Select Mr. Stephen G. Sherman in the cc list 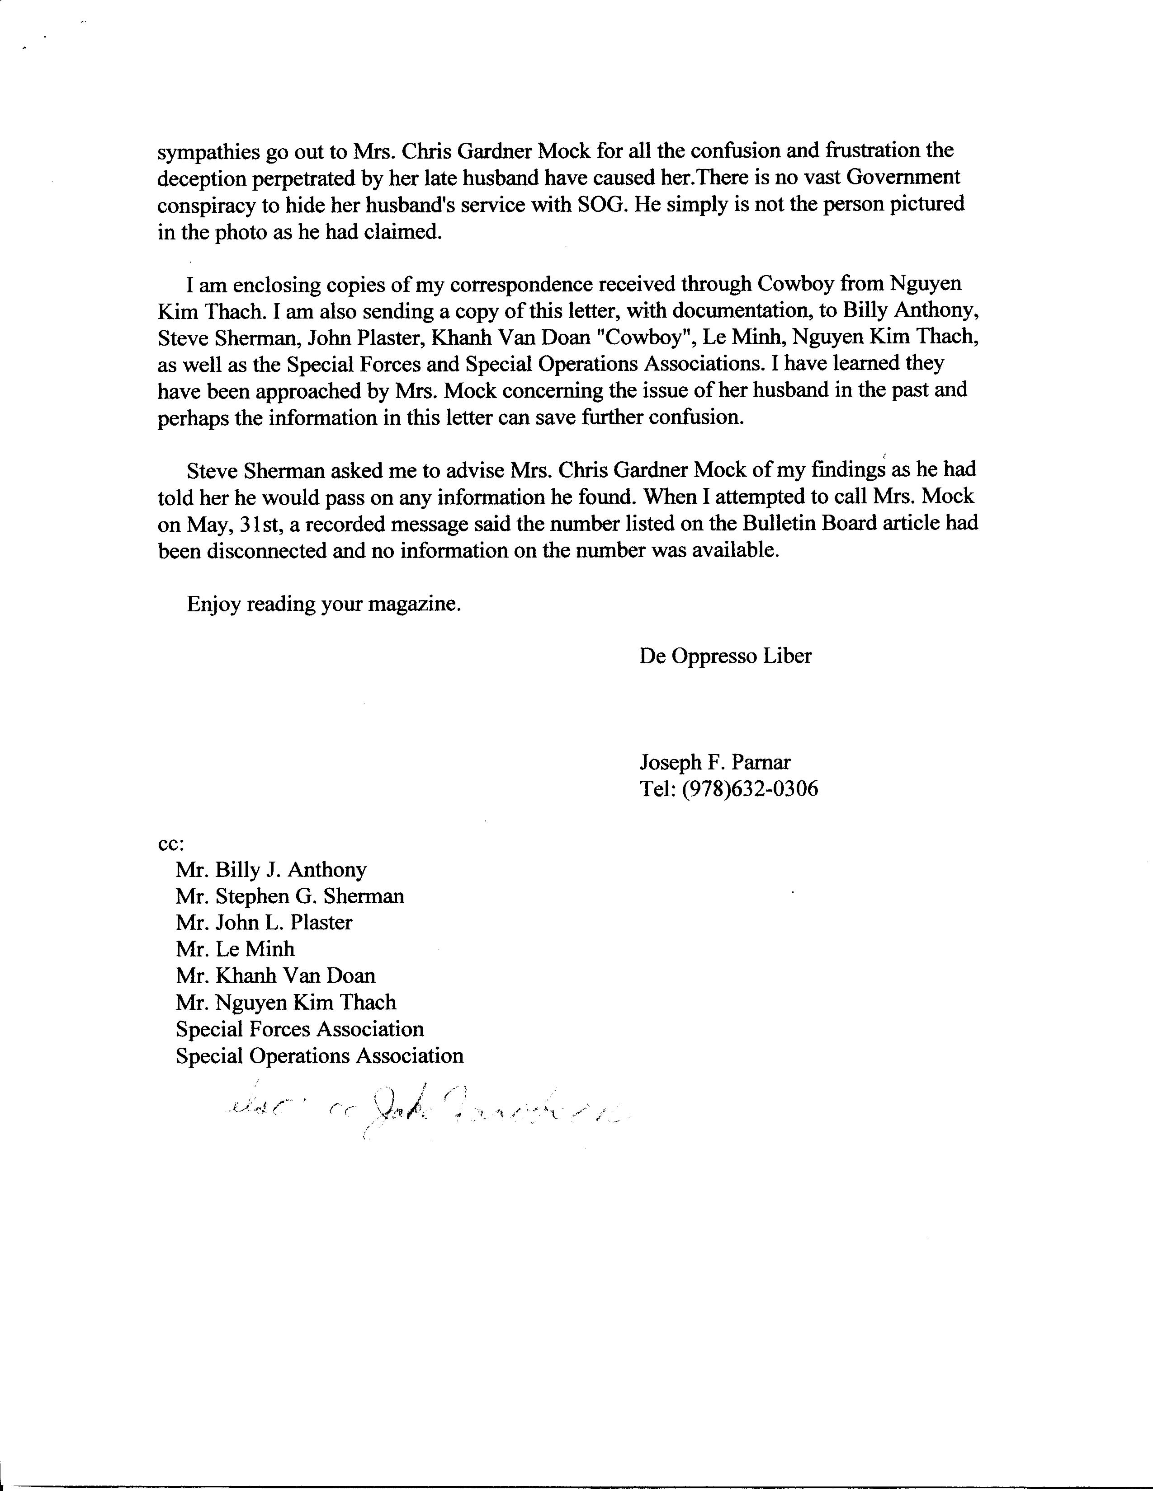click(290, 896)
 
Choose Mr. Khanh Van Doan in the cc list click(275, 976)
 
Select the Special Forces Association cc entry click(299, 1030)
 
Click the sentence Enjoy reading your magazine click(324, 604)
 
